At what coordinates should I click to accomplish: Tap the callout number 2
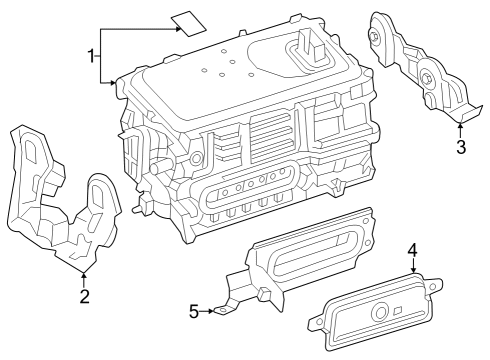85,295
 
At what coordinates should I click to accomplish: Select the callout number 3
461,149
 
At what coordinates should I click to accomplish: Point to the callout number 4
412,250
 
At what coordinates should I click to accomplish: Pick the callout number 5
195,311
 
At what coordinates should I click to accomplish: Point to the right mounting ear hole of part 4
431,290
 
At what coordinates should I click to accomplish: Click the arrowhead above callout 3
461,127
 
